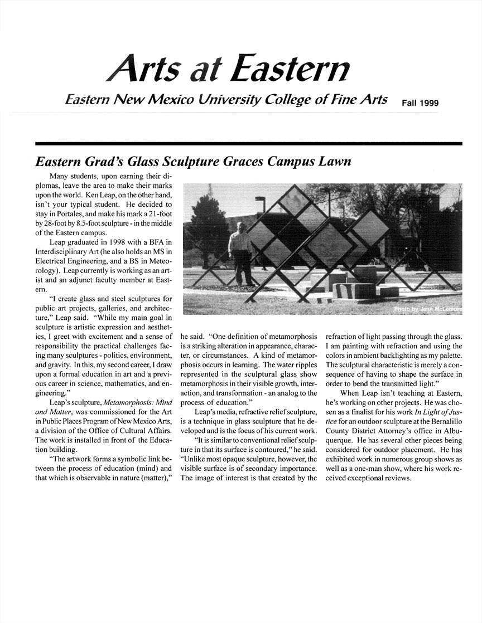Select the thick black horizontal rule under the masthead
249,144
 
